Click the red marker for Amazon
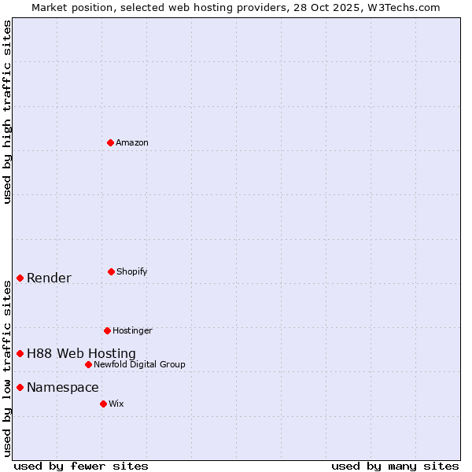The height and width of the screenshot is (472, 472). (111, 142)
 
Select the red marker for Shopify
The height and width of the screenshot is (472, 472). (111, 271)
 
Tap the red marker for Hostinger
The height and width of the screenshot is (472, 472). (107, 330)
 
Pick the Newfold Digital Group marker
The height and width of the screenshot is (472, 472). (88, 364)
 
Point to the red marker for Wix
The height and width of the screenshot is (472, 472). (103, 404)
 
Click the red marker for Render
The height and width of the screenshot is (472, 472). (20, 278)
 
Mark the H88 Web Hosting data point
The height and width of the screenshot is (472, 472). (20, 353)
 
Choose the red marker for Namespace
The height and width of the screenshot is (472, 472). (20, 387)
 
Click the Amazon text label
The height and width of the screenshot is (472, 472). (132, 142)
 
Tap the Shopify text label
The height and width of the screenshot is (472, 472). (132, 271)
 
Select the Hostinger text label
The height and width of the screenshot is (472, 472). (132, 330)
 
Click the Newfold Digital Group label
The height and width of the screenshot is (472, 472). (139, 364)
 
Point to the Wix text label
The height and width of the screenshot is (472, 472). (116, 404)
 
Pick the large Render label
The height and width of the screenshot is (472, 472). (49, 278)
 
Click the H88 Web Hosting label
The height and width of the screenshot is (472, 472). (81, 353)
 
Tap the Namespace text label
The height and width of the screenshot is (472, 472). (63, 387)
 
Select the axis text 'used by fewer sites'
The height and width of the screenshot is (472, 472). (81, 466)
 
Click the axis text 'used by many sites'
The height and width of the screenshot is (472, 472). (395, 466)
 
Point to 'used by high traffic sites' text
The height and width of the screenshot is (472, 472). (7, 112)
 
